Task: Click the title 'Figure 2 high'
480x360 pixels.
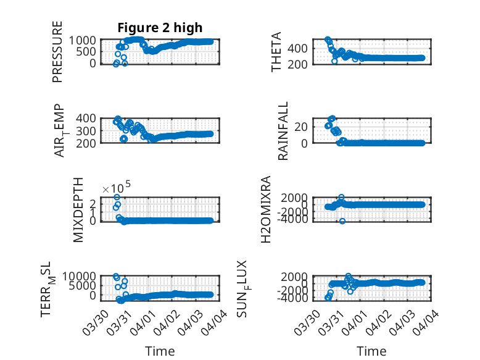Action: pyautogui.click(x=160, y=27)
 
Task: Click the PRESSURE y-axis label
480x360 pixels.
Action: pyautogui.click(x=57, y=52)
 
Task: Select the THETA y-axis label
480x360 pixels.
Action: pyautogui.click(x=278, y=52)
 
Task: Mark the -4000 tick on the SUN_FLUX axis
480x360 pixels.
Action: pyautogui.click(x=304, y=298)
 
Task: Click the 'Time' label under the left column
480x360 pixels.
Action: pyautogui.click(x=160, y=351)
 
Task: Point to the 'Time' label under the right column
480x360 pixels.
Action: pyautogui.click(x=372, y=351)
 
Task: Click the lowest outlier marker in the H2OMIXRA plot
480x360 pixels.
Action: pyautogui.click(x=342, y=221)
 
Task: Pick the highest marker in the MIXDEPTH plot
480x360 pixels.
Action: pyautogui.click(x=117, y=197)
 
